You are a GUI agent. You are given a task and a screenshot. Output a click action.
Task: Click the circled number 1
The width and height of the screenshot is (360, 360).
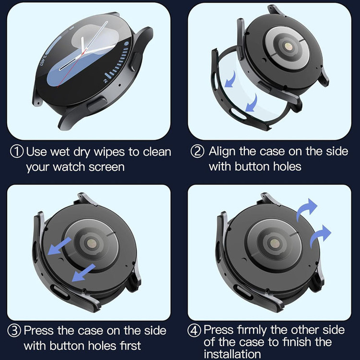pos(17,152)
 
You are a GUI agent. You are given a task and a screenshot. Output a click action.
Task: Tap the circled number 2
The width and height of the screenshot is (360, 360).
pos(197,152)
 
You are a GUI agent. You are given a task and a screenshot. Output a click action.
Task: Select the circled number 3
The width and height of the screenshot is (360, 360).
pos(14,331)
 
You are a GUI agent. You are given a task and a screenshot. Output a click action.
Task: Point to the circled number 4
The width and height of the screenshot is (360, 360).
pos(194,331)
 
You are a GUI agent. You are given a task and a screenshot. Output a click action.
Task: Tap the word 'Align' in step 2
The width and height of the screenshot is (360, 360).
pos(222,152)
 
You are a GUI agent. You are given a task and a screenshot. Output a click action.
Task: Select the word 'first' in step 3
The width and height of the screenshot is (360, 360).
pos(130,346)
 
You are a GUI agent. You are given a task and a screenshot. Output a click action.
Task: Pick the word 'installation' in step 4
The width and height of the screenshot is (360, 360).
pos(232,354)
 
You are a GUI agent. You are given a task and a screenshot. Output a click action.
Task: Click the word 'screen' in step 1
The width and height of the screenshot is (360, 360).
pos(107,167)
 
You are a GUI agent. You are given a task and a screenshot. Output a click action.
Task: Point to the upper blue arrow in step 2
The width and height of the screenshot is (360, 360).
pos(231,80)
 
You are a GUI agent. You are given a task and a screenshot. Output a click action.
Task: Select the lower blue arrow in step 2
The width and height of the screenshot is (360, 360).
pos(252,103)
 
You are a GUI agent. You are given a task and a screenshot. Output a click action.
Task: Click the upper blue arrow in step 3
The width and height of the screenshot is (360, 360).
pos(59,246)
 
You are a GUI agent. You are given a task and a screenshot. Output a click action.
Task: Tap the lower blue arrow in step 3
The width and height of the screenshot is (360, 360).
pos(84,273)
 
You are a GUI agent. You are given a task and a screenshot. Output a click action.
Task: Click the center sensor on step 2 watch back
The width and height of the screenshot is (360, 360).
pos(288,47)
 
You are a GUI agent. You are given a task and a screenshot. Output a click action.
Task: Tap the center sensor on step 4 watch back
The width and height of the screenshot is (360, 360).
pos(275,243)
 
